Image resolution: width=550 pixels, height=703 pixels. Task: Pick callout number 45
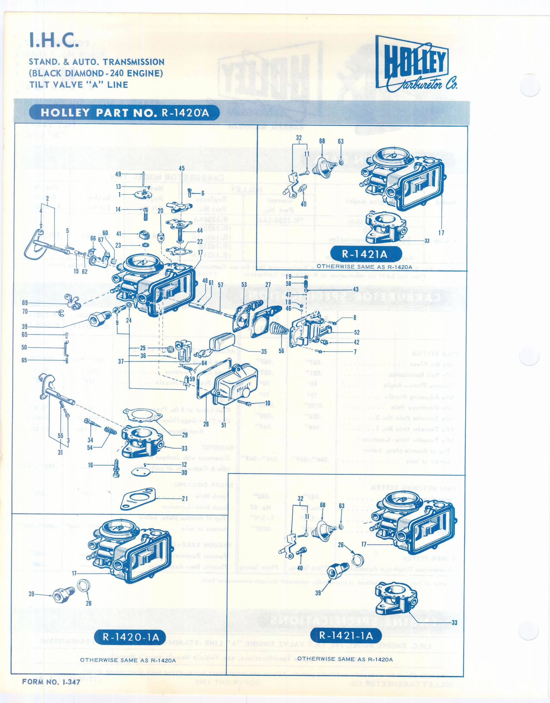coord(181,168)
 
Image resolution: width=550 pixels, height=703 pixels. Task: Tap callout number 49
coord(118,174)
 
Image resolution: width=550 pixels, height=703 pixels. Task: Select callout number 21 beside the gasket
coord(185,499)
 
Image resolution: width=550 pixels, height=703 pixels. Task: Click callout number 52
coord(356,332)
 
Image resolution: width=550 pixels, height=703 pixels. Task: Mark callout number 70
coord(25,312)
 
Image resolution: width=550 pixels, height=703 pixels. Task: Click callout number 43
coord(356,289)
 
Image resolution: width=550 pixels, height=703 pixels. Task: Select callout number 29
coord(185,435)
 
